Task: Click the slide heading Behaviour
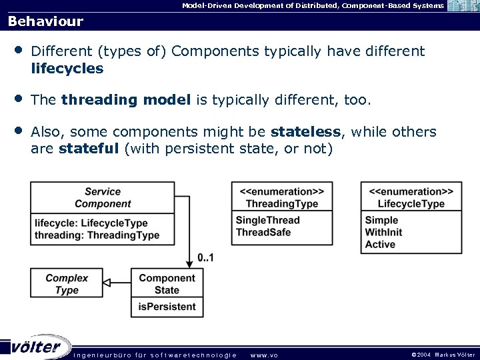click(45, 21)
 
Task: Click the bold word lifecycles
click(67, 68)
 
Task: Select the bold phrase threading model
click(125, 100)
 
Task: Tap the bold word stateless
click(306, 132)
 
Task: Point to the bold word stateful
click(89, 148)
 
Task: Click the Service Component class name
click(103, 197)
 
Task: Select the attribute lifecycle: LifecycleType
click(91, 223)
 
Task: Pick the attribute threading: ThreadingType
click(97, 235)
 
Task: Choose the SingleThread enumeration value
click(268, 220)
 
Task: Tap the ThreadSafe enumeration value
click(263, 232)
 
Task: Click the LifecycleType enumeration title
click(411, 197)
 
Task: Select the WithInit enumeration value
click(384, 232)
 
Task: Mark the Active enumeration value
click(380, 244)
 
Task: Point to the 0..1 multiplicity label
click(206, 257)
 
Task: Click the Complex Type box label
click(67, 284)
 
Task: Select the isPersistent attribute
click(167, 307)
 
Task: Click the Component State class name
click(167, 284)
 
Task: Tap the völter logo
click(37, 347)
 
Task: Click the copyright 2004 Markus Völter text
click(443, 355)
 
